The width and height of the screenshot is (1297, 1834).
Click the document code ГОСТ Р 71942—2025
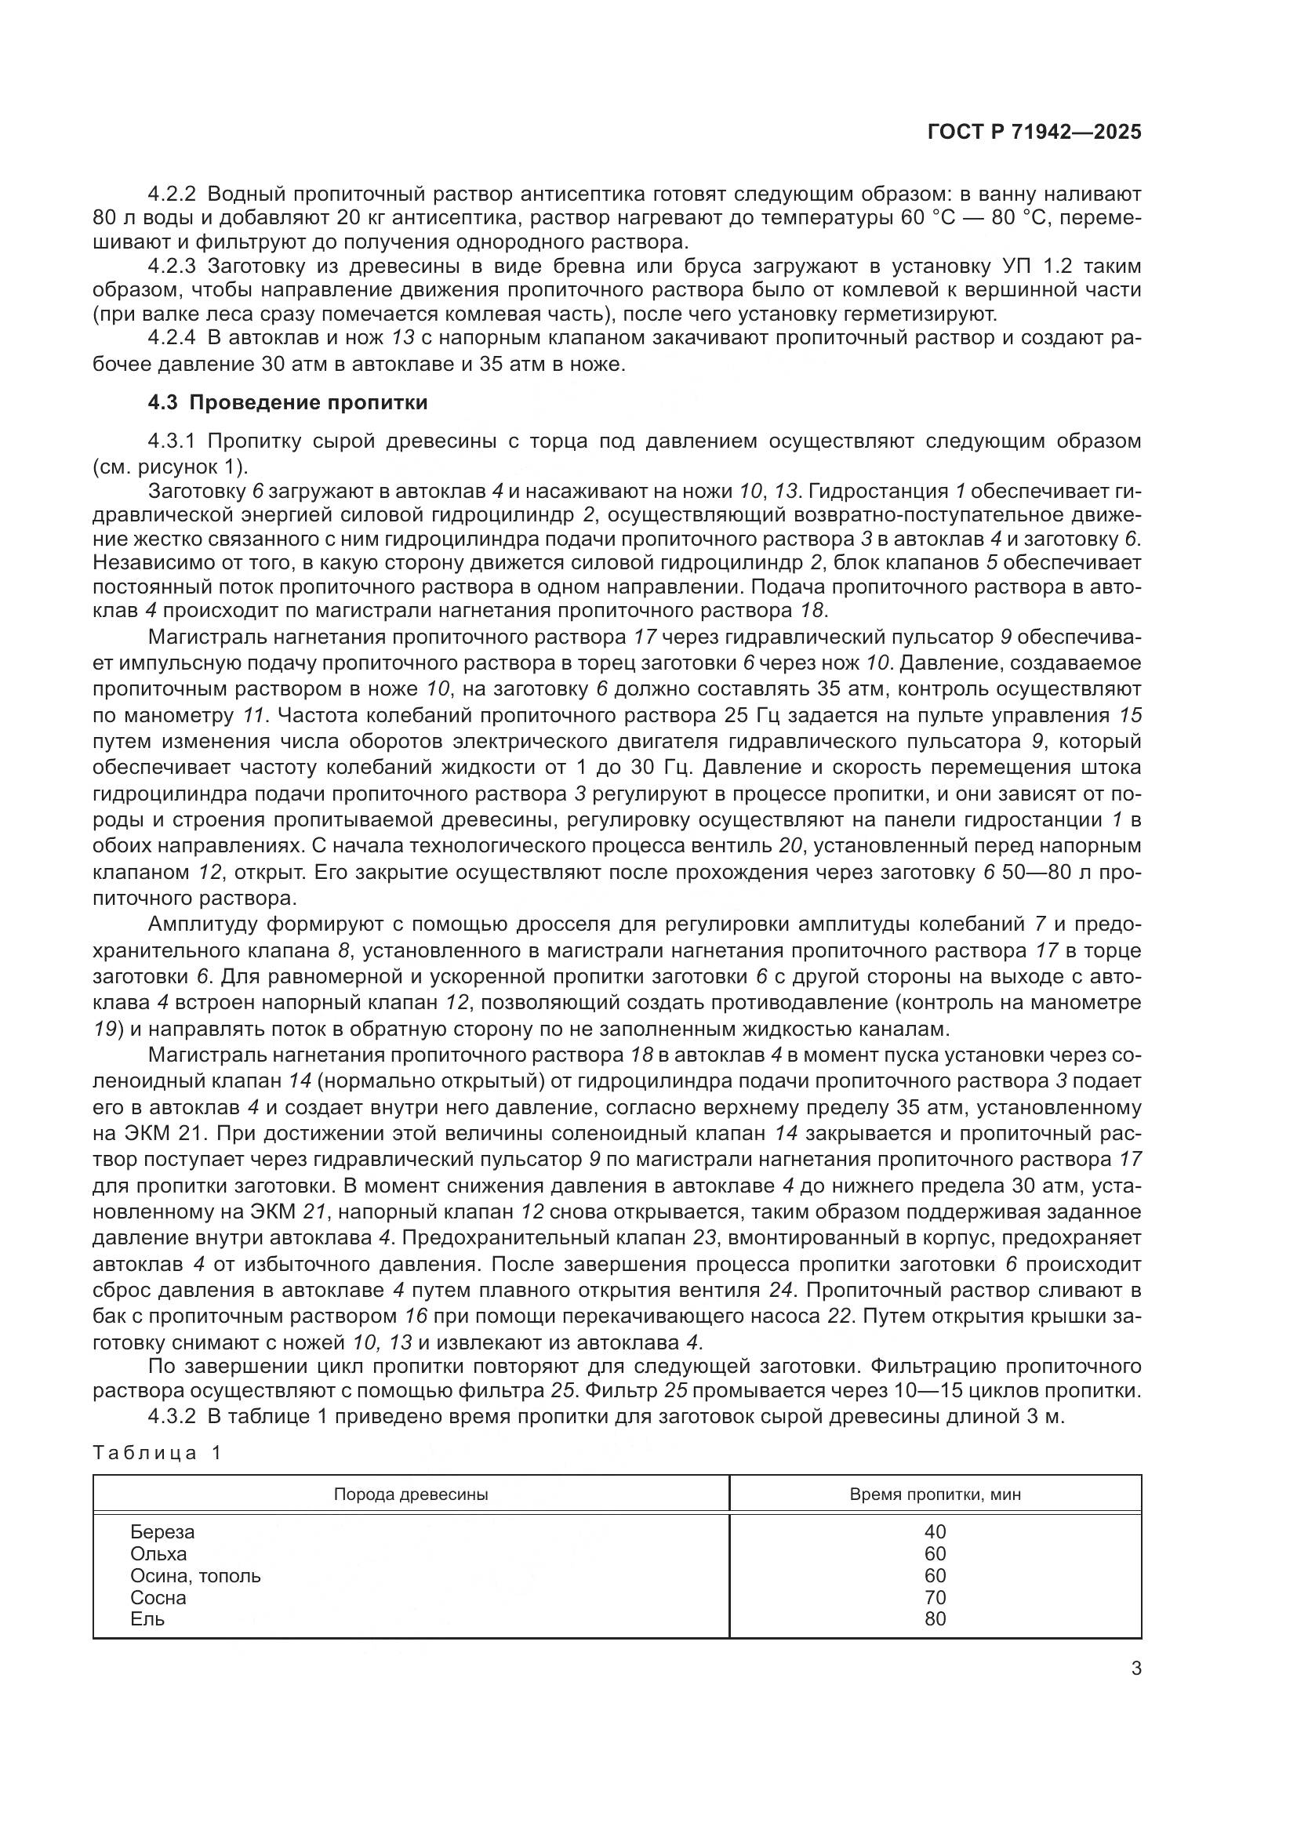1034,133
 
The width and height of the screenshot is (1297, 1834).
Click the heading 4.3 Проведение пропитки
288,402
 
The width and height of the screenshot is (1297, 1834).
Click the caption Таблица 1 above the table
157,1453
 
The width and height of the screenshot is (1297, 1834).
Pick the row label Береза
162,1532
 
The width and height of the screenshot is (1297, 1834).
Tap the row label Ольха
158,1553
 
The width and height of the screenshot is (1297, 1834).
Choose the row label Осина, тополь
196,1576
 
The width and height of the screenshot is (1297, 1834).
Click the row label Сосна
158,1597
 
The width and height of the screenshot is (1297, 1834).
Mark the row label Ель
147,1619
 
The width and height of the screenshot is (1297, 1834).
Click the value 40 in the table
936,1532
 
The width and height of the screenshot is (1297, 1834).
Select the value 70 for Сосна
936,1597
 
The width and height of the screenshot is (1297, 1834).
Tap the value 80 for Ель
936,1619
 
